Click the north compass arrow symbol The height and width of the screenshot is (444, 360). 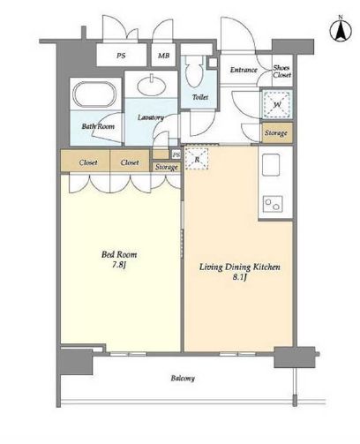pyautogui.click(x=341, y=29)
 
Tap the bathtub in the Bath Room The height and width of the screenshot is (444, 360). pyautogui.click(x=94, y=94)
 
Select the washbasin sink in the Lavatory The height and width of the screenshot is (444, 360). pyautogui.click(x=152, y=85)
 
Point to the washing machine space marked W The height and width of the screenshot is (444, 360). pyautogui.click(x=277, y=104)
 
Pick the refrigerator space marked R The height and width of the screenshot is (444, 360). pyautogui.click(x=197, y=159)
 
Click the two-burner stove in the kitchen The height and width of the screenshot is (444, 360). pyautogui.click(x=273, y=204)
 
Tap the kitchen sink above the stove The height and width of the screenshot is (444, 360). pyautogui.click(x=271, y=165)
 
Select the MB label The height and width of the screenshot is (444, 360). pyautogui.click(x=163, y=56)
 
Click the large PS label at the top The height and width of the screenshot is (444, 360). pyautogui.click(x=121, y=56)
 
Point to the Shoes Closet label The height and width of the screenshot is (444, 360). pyautogui.click(x=281, y=71)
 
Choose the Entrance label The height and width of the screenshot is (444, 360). pyautogui.click(x=244, y=70)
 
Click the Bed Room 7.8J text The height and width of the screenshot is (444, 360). pyautogui.click(x=119, y=260)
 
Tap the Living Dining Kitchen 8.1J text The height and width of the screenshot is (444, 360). pyautogui.click(x=240, y=272)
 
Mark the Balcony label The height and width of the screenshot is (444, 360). pyautogui.click(x=183, y=378)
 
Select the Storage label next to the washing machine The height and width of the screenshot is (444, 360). pyautogui.click(x=276, y=133)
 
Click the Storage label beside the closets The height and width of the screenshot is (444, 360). pyautogui.click(x=167, y=167)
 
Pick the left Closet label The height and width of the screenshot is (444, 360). pyautogui.click(x=88, y=162)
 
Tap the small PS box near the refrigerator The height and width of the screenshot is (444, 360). pyautogui.click(x=176, y=154)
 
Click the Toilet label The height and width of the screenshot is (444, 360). pyautogui.click(x=200, y=97)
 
